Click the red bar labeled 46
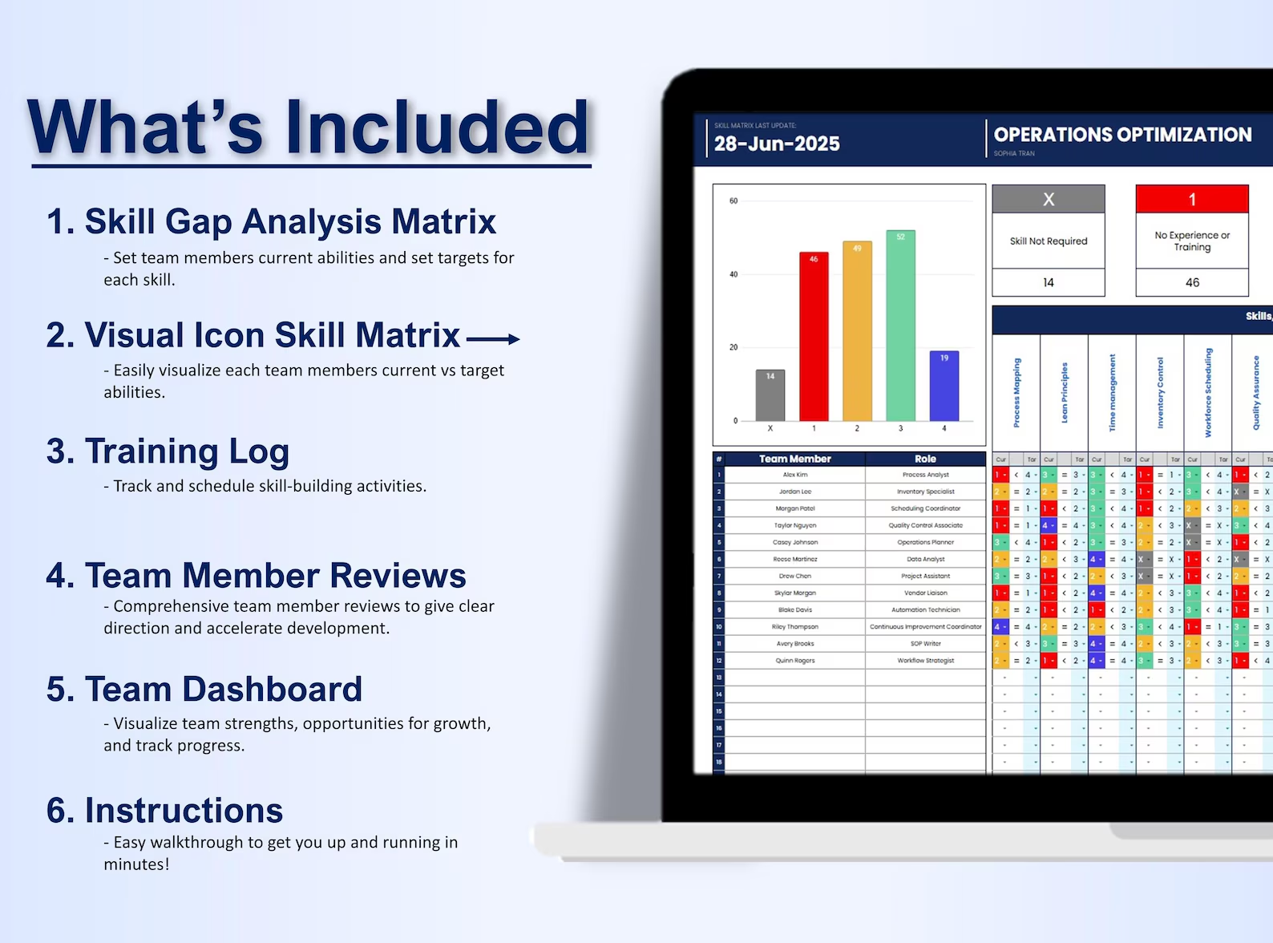pyautogui.click(x=814, y=337)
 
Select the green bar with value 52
pyautogui.click(x=900, y=326)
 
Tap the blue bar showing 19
pyautogui.click(x=944, y=386)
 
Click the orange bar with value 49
pyautogui.click(x=857, y=331)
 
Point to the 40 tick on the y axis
pyautogui.click(x=733, y=274)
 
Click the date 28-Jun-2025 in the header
pyautogui.click(x=777, y=144)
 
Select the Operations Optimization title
pyautogui.click(x=1122, y=135)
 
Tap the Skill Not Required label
pyautogui.click(x=1049, y=241)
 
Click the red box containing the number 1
pyautogui.click(x=1192, y=200)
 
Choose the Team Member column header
pyautogui.click(x=794, y=459)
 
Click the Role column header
pyautogui.click(x=925, y=459)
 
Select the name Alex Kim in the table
pyautogui.click(x=795, y=475)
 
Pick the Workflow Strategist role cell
pyautogui.click(x=925, y=661)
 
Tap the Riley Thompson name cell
pyautogui.click(x=795, y=627)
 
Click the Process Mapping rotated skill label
pyautogui.click(x=1016, y=393)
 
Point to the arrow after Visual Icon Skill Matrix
pyautogui.click(x=493, y=339)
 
